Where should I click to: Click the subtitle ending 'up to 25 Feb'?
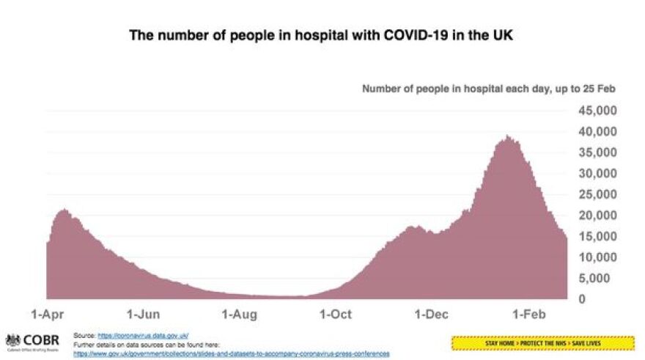[x=489, y=89]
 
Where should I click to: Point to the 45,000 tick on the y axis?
[x=596, y=111]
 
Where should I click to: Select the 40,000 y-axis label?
[x=596, y=132]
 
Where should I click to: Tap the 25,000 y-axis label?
[x=596, y=194]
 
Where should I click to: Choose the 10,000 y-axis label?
[x=596, y=257]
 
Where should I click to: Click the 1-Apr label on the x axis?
[x=45, y=315]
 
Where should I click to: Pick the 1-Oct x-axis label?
[x=336, y=315]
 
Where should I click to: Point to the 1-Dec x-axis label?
[x=432, y=315]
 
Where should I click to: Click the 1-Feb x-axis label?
[x=529, y=315]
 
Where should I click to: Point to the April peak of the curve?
[x=64, y=211]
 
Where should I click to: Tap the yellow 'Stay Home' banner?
[x=542, y=342]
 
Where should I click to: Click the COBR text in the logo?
[x=42, y=339]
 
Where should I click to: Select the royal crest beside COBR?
[x=12, y=340]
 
